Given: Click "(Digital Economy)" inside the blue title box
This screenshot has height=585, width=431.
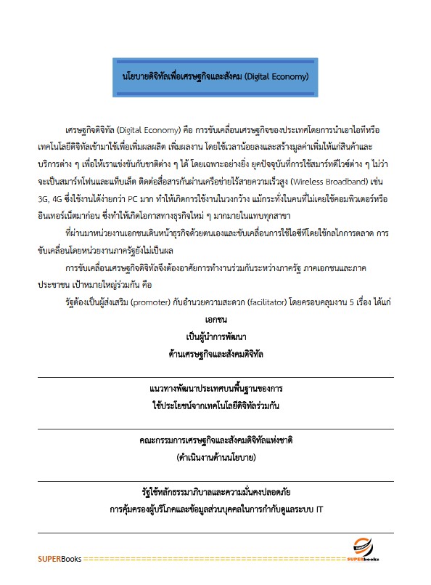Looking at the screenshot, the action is (x=278, y=76).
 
